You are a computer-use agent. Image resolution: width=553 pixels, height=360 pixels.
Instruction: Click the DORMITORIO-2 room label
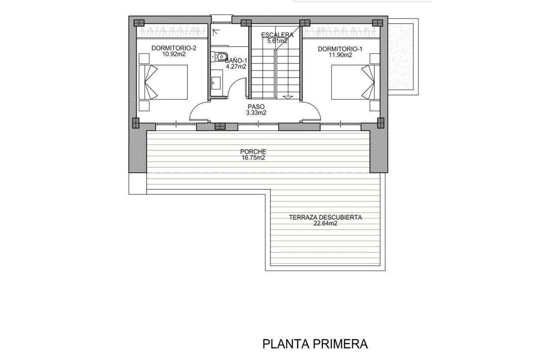tap(174, 48)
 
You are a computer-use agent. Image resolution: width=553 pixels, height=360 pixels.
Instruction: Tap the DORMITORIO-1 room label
tap(340, 49)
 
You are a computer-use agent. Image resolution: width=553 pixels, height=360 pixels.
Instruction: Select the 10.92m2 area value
tap(174, 54)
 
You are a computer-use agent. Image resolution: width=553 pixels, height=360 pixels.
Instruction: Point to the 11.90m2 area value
tap(340, 55)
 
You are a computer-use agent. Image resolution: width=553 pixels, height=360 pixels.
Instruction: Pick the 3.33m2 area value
tap(256, 113)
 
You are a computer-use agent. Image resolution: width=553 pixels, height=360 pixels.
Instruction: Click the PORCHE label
tap(253, 152)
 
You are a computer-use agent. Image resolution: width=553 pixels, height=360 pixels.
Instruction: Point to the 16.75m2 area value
tap(253, 158)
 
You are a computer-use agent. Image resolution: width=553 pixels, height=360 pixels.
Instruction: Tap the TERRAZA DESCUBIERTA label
tap(325, 217)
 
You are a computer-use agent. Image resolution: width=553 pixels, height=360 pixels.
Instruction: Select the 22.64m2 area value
tap(325, 223)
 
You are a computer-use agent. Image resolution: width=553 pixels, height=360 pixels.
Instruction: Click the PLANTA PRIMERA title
tap(315, 344)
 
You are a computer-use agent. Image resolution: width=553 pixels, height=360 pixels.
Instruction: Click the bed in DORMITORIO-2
tap(163, 82)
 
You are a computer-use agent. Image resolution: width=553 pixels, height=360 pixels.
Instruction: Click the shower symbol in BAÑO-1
tap(216, 31)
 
